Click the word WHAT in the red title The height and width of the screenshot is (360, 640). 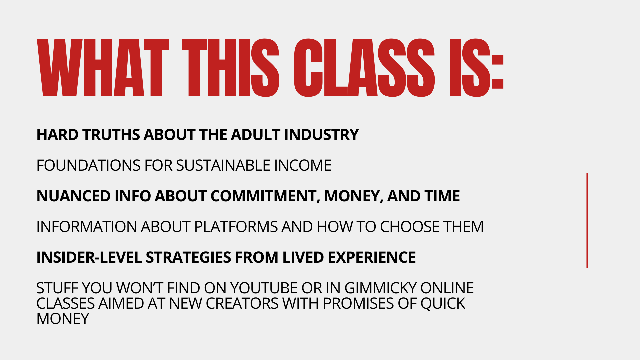coord(103,68)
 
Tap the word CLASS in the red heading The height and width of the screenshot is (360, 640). coord(364,68)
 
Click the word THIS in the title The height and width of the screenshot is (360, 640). coord(230,68)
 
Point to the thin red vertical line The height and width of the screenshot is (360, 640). coord(587,221)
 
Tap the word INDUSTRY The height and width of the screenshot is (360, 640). coord(321,135)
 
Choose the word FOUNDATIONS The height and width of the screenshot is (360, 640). coord(88,165)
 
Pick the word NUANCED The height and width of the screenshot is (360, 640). coord(73,196)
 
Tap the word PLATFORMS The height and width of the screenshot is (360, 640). coord(236,227)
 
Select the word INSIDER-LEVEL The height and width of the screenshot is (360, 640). coord(89,257)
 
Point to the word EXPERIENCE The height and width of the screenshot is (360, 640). coord(372,257)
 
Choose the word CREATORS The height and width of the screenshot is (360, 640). coord(242,303)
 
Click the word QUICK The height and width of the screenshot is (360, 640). coord(443,304)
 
